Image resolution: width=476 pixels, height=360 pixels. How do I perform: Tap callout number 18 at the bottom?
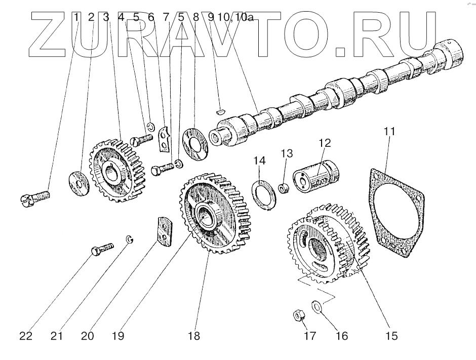click(x=194, y=336)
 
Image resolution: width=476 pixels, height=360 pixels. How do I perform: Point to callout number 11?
click(x=389, y=132)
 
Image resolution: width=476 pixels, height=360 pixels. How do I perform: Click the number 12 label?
click(x=325, y=143)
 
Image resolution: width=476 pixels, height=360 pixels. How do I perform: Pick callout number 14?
click(x=260, y=161)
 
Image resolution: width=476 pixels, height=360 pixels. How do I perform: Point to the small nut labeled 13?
click(x=285, y=188)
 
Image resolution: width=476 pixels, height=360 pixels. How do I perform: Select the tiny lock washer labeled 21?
click(x=129, y=239)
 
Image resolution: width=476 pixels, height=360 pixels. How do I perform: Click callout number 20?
click(x=88, y=336)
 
